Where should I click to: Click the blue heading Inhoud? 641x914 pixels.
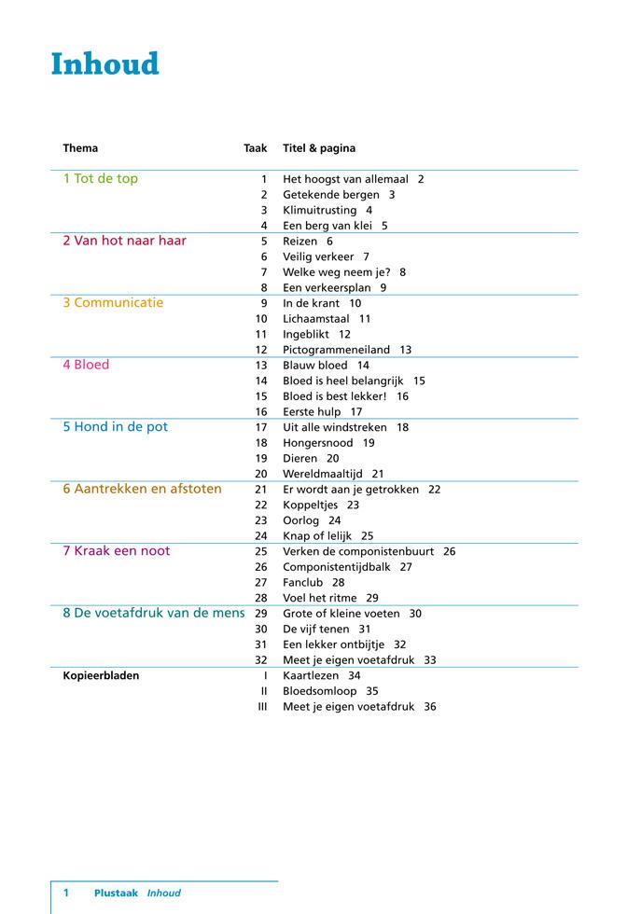[105, 63]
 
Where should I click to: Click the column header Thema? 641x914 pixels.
[80, 148]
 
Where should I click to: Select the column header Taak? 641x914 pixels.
[255, 148]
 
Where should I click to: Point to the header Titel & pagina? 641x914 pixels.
[319, 148]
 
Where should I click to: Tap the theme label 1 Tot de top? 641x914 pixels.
[100, 179]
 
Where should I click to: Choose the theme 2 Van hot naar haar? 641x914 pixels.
[124, 241]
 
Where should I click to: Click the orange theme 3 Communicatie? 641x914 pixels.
[113, 303]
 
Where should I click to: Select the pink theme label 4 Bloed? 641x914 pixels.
[86, 365]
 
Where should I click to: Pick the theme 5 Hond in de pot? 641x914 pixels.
[115, 427]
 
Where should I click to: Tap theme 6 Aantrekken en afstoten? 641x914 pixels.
[142, 489]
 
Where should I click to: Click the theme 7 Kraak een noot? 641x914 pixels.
[117, 551]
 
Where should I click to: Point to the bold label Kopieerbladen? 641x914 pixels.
[101, 675]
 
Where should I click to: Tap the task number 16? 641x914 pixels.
[261, 411]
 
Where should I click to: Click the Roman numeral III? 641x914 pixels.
[262, 707]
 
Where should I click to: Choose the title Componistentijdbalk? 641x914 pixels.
[334, 567]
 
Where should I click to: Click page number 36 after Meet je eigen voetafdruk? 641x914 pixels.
[429, 707]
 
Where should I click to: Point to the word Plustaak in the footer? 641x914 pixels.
[116, 893]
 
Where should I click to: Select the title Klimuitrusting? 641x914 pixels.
[320, 210]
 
